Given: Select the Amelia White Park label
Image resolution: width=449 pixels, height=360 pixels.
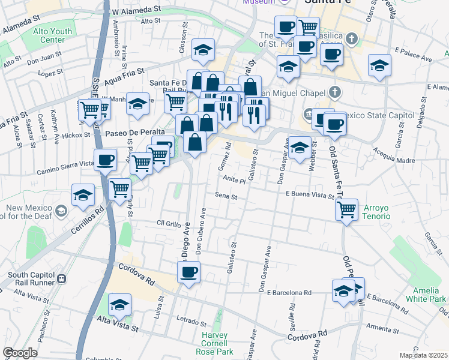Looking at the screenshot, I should (426, 293).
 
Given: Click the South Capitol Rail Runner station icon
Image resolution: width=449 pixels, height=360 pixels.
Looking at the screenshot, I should (61, 279).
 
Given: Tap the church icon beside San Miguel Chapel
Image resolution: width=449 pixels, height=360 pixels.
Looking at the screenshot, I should (335, 92).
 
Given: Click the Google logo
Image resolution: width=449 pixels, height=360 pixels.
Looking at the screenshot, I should (20, 353).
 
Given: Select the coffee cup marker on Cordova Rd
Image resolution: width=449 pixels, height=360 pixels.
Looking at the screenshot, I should (188, 271).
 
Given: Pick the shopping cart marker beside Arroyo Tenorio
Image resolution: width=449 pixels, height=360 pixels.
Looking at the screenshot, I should (346, 209).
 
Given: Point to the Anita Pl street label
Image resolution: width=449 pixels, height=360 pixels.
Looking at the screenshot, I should (235, 179).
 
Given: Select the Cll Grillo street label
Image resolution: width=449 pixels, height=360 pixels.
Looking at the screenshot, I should (169, 223).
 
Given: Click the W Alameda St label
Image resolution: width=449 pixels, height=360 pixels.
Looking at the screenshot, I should (137, 10).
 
